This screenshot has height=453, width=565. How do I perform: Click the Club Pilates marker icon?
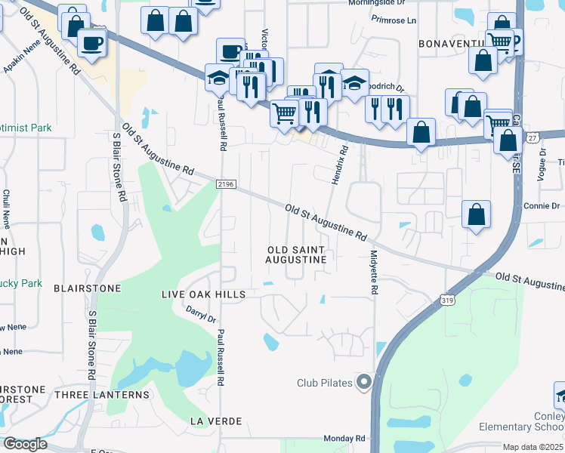(x=364, y=382)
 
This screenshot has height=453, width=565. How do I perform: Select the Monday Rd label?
(x=344, y=438)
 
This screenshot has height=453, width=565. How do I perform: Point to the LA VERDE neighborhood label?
(x=216, y=420)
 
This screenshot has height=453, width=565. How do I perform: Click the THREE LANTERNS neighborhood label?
(x=101, y=394)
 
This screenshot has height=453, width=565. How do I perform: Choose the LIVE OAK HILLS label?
(x=204, y=294)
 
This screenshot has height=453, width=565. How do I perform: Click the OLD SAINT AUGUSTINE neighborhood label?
(x=296, y=254)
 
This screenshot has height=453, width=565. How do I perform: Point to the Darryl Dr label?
(x=201, y=313)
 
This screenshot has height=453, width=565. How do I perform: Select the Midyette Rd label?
(x=373, y=272)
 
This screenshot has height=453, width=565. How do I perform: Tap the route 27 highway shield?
(x=533, y=138)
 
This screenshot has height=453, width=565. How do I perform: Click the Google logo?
(x=25, y=444)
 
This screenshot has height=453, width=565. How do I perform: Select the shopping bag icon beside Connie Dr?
(x=477, y=214)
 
